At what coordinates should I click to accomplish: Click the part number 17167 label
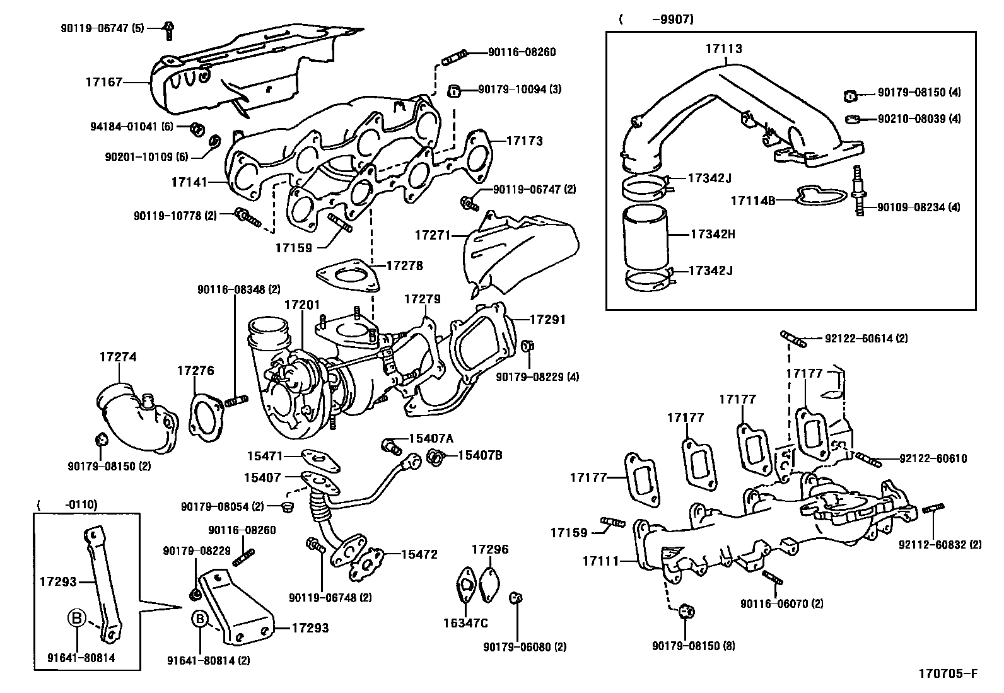pos(104,82)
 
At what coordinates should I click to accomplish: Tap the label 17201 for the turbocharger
pos(301,305)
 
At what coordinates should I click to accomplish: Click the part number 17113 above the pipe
pos(723,49)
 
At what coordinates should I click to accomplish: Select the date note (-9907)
pos(656,20)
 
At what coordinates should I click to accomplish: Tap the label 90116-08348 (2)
pos(238,289)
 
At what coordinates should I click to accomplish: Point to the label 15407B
pos(479,454)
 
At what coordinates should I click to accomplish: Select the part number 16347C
pos(465,624)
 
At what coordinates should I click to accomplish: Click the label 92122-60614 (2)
pos(866,339)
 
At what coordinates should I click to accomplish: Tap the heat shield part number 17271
pos(432,235)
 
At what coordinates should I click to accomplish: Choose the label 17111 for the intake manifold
pos(600,560)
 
